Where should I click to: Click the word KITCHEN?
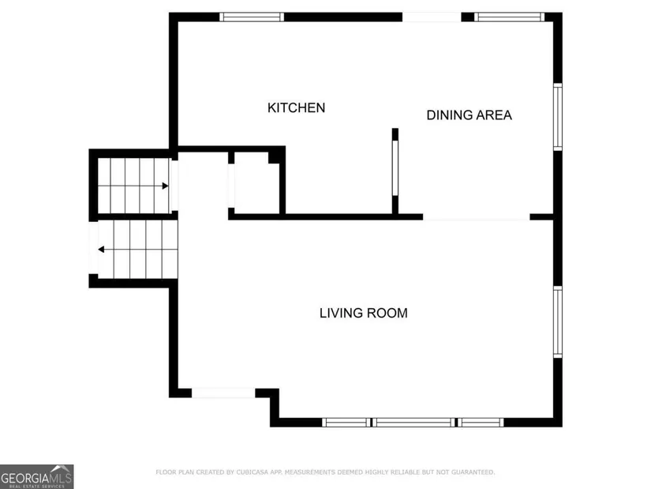pos(296,107)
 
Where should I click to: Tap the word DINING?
pos(449,115)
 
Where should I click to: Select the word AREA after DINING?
pos(494,115)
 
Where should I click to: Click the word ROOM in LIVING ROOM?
pos(387,313)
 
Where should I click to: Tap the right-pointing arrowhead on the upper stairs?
pos(165,186)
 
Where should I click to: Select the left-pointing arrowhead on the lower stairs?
pos(101,250)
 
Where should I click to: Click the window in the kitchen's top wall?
pos(252,17)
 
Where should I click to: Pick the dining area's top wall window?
pos(510,17)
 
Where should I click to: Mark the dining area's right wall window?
pos(558,117)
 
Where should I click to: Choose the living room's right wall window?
pos(558,322)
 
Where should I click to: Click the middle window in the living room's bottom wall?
pos(413,423)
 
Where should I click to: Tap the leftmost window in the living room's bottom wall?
pos(346,423)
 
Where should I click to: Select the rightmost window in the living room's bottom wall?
pos(481,423)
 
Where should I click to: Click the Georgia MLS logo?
pos(37,476)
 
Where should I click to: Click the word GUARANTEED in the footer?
pos(473,472)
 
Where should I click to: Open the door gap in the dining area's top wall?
pos(432,17)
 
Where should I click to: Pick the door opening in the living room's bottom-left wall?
pos(223,393)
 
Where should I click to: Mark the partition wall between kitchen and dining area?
pos(395,171)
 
